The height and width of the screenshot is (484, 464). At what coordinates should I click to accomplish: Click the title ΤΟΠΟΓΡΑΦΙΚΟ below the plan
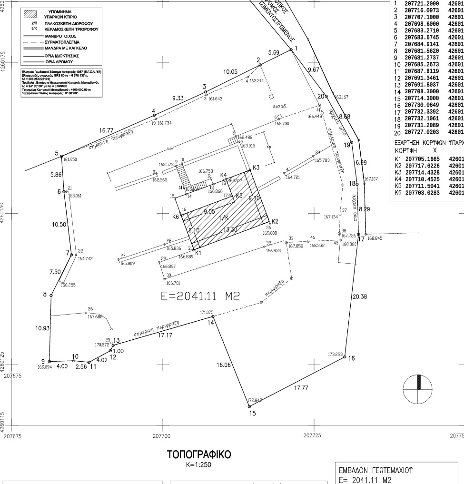pos(199,455)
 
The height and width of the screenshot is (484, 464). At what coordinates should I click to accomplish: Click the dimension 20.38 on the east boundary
pos(360,297)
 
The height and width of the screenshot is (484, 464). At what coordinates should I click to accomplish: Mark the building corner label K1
pos(198,253)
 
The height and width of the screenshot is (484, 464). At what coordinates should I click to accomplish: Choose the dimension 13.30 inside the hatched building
pos(230,230)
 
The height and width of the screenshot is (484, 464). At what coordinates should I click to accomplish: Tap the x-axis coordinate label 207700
pos(161,435)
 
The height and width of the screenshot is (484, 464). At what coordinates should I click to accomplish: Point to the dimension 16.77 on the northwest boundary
pos(106,130)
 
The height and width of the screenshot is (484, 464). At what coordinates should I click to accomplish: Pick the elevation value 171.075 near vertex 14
pos(207,312)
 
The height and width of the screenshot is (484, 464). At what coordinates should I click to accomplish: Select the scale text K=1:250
pos(199,465)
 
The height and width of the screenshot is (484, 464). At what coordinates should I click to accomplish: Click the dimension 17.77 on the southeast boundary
pos(301,388)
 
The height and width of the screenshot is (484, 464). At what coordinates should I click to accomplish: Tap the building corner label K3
pos(256,168)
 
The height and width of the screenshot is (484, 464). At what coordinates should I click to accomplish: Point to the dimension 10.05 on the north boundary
pos(230,71)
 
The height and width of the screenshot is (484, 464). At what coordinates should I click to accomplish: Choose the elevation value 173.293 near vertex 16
pos(335,354)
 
